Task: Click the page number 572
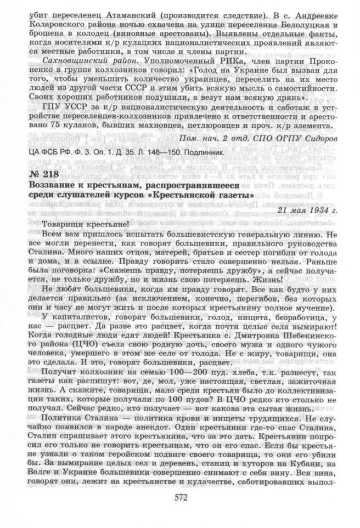(x=179, y=498)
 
